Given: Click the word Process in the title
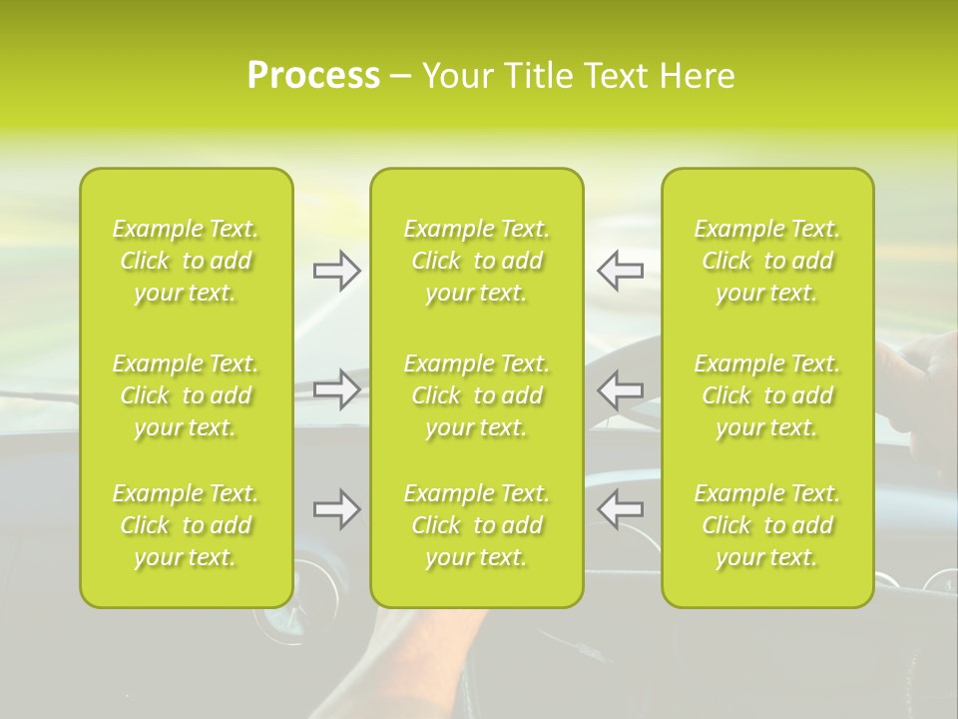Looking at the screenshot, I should click(x=313, y=76).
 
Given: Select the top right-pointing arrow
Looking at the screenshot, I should click(x=336, y=271).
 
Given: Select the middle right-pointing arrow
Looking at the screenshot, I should click(x=336, y=388).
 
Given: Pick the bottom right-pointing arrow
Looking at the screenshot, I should click(x=336, y=509).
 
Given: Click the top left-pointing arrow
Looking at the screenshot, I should click(x=620, y=271).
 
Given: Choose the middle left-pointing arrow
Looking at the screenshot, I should click(x=620, y=388).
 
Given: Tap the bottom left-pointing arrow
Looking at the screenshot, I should click(x=620, y=509).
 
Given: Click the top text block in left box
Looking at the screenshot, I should click(x=186, y=261).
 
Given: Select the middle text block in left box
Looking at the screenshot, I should click(x=186, y=395).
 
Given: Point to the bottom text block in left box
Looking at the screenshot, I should click(x=186, y=525).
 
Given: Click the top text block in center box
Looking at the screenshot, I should click(x=476, y=261).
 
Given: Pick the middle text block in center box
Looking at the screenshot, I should click(x=476, y=395).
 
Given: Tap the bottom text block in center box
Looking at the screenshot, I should click(x=476, y=525).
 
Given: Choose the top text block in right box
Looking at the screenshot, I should click(x=766, y=261).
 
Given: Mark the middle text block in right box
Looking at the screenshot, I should click(x=766, y=395).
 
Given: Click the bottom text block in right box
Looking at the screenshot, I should click(x=766, y=525).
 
